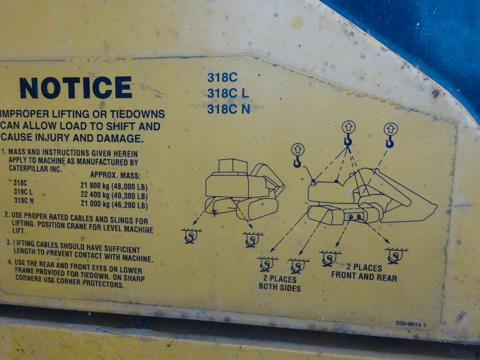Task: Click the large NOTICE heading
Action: (x=75, y=88)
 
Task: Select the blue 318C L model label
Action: (x=228, y=93)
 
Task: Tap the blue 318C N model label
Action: (x=229, y=109)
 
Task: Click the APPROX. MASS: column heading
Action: (x=115, y=175)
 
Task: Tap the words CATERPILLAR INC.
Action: (x=35, y=168)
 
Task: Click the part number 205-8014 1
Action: (x=411, y=324)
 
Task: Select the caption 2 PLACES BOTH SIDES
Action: (x=280, y=283)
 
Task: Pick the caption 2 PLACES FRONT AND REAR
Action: (x=364, y=272)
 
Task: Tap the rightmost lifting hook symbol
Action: (x=390, y=135)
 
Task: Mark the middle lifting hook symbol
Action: (x=348, y=134)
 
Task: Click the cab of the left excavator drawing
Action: (x=232, y=166)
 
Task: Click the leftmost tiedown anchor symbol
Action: (x=191, y=236)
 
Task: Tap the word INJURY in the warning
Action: (x=51, y=137)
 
